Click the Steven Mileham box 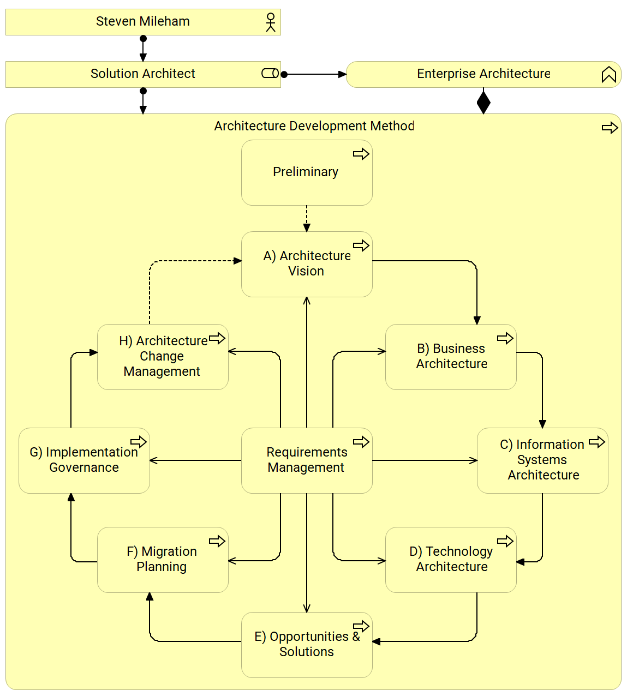[x=143, y=22]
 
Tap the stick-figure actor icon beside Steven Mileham [x=270, y=22]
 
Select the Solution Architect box [x=143, y=74]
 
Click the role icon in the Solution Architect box [x=270, y=73]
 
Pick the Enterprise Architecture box [x=483, y=74]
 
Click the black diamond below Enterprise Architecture [x=483, y=103]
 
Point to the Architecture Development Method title [x=314, y=126]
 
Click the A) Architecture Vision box [x=307, y=265]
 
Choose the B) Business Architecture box [x=451, y=357]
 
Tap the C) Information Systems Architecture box [x=542, y=461]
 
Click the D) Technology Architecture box [x=451, y=560]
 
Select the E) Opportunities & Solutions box [x=307, y=645]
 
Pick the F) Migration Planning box [x=163, y=560]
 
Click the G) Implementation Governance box [x=84, y=461]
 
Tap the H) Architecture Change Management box [x=163, y=357]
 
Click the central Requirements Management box [x=307, y=461]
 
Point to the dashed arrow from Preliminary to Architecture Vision [x=307, y=218]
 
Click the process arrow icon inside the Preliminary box [x=361, y=154]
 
